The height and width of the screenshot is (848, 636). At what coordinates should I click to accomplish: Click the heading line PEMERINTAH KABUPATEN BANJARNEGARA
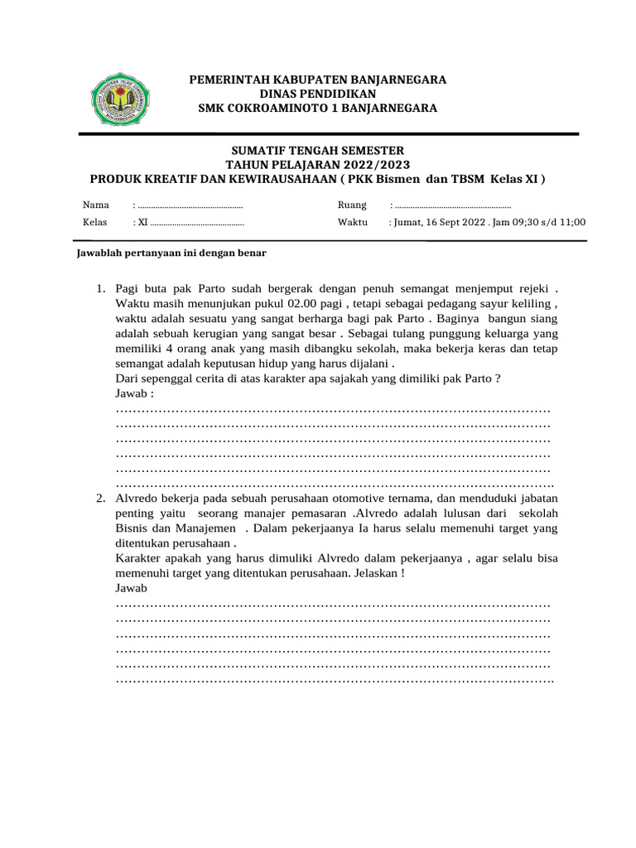tap(318, 79)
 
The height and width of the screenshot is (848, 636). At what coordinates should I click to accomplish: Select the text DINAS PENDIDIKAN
tap(318, 94)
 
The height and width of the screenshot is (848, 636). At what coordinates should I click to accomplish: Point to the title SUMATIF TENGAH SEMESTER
tap(317, 150)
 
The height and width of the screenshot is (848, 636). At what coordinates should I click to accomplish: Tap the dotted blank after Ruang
tap(450, 205)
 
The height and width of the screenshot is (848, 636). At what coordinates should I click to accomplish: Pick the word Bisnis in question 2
tap(132, 528)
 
